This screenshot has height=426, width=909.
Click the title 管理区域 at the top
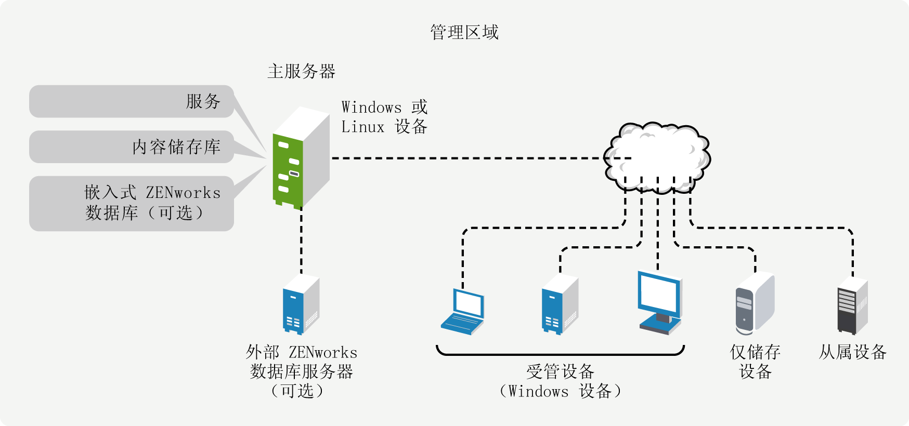(x=464, y=32)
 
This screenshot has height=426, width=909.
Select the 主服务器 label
(x=302, y=71)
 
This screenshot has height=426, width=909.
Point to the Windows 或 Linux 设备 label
(x=384, y=117)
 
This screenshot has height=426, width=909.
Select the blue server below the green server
(x=301, y=304)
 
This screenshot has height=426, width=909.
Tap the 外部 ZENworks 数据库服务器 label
(x=301, y=371)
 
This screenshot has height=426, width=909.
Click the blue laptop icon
(x=463, y=312)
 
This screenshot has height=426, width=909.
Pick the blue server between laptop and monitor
(x=560, y=304)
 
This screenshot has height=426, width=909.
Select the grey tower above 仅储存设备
(x=755, y=303)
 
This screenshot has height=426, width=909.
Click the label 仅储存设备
(x=755, y=362)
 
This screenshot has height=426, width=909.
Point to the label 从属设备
(x=852, y=352)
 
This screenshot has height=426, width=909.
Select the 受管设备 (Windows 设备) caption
(x=560, y=381)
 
